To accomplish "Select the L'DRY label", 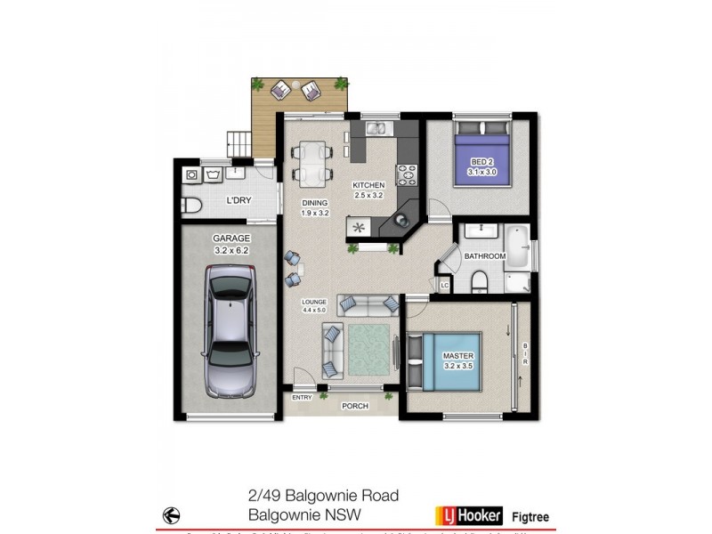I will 238,200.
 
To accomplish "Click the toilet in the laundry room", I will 191,206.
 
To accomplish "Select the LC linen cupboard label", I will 444,285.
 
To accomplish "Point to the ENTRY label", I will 302,398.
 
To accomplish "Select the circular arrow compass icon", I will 171,514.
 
